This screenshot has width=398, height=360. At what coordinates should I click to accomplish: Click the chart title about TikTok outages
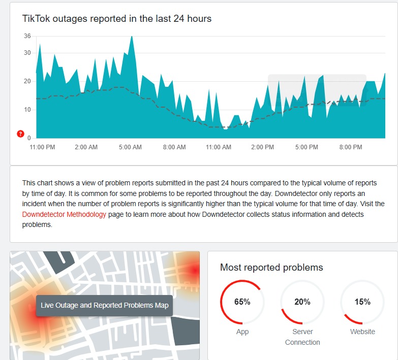point(116,19)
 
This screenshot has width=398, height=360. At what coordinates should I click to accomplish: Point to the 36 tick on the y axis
point(27,36)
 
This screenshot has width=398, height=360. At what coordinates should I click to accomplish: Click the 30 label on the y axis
point(27,53)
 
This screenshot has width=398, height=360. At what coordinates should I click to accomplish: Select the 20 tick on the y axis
point(27,81)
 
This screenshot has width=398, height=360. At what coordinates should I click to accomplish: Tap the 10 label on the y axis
point(27,110)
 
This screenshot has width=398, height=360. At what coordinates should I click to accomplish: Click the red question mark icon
point(20,134)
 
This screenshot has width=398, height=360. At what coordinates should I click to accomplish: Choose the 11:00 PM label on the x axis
point(42,147)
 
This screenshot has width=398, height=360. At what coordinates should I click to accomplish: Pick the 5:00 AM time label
point(130,147)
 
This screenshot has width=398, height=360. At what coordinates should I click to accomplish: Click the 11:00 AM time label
point(218,147)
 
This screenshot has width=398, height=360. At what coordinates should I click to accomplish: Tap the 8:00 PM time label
point(351,147)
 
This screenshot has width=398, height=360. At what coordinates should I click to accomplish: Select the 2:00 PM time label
point(262,147)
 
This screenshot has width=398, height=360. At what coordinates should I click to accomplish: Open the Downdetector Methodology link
point(64,214)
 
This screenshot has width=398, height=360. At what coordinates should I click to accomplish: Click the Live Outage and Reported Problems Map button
point(105,306)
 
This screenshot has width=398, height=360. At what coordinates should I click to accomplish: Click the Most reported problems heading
point(271,267)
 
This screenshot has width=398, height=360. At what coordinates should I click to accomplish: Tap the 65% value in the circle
point(242,302)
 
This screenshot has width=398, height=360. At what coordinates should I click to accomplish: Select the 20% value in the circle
point(302,302)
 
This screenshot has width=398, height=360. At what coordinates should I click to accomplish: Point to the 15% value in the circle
point(362,302)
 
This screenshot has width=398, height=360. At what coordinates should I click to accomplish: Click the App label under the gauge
point(242,332)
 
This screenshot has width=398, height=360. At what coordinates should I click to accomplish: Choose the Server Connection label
point(302,337)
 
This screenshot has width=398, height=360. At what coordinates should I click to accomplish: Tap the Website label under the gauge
point(362,332)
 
